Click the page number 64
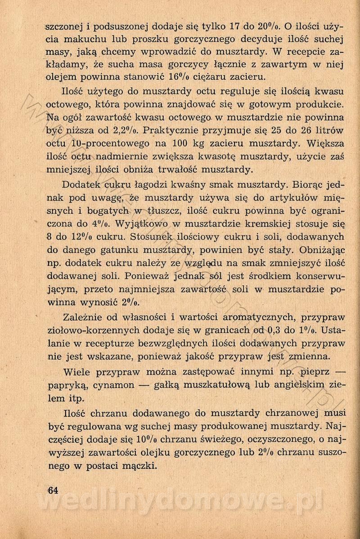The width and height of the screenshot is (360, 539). click(53, 490)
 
